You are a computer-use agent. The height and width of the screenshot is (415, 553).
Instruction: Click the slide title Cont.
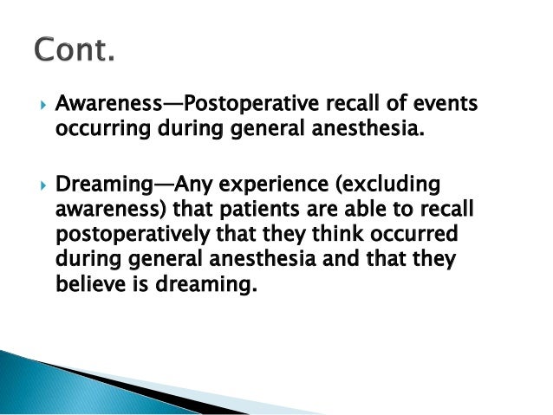click(x=75, y=52)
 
